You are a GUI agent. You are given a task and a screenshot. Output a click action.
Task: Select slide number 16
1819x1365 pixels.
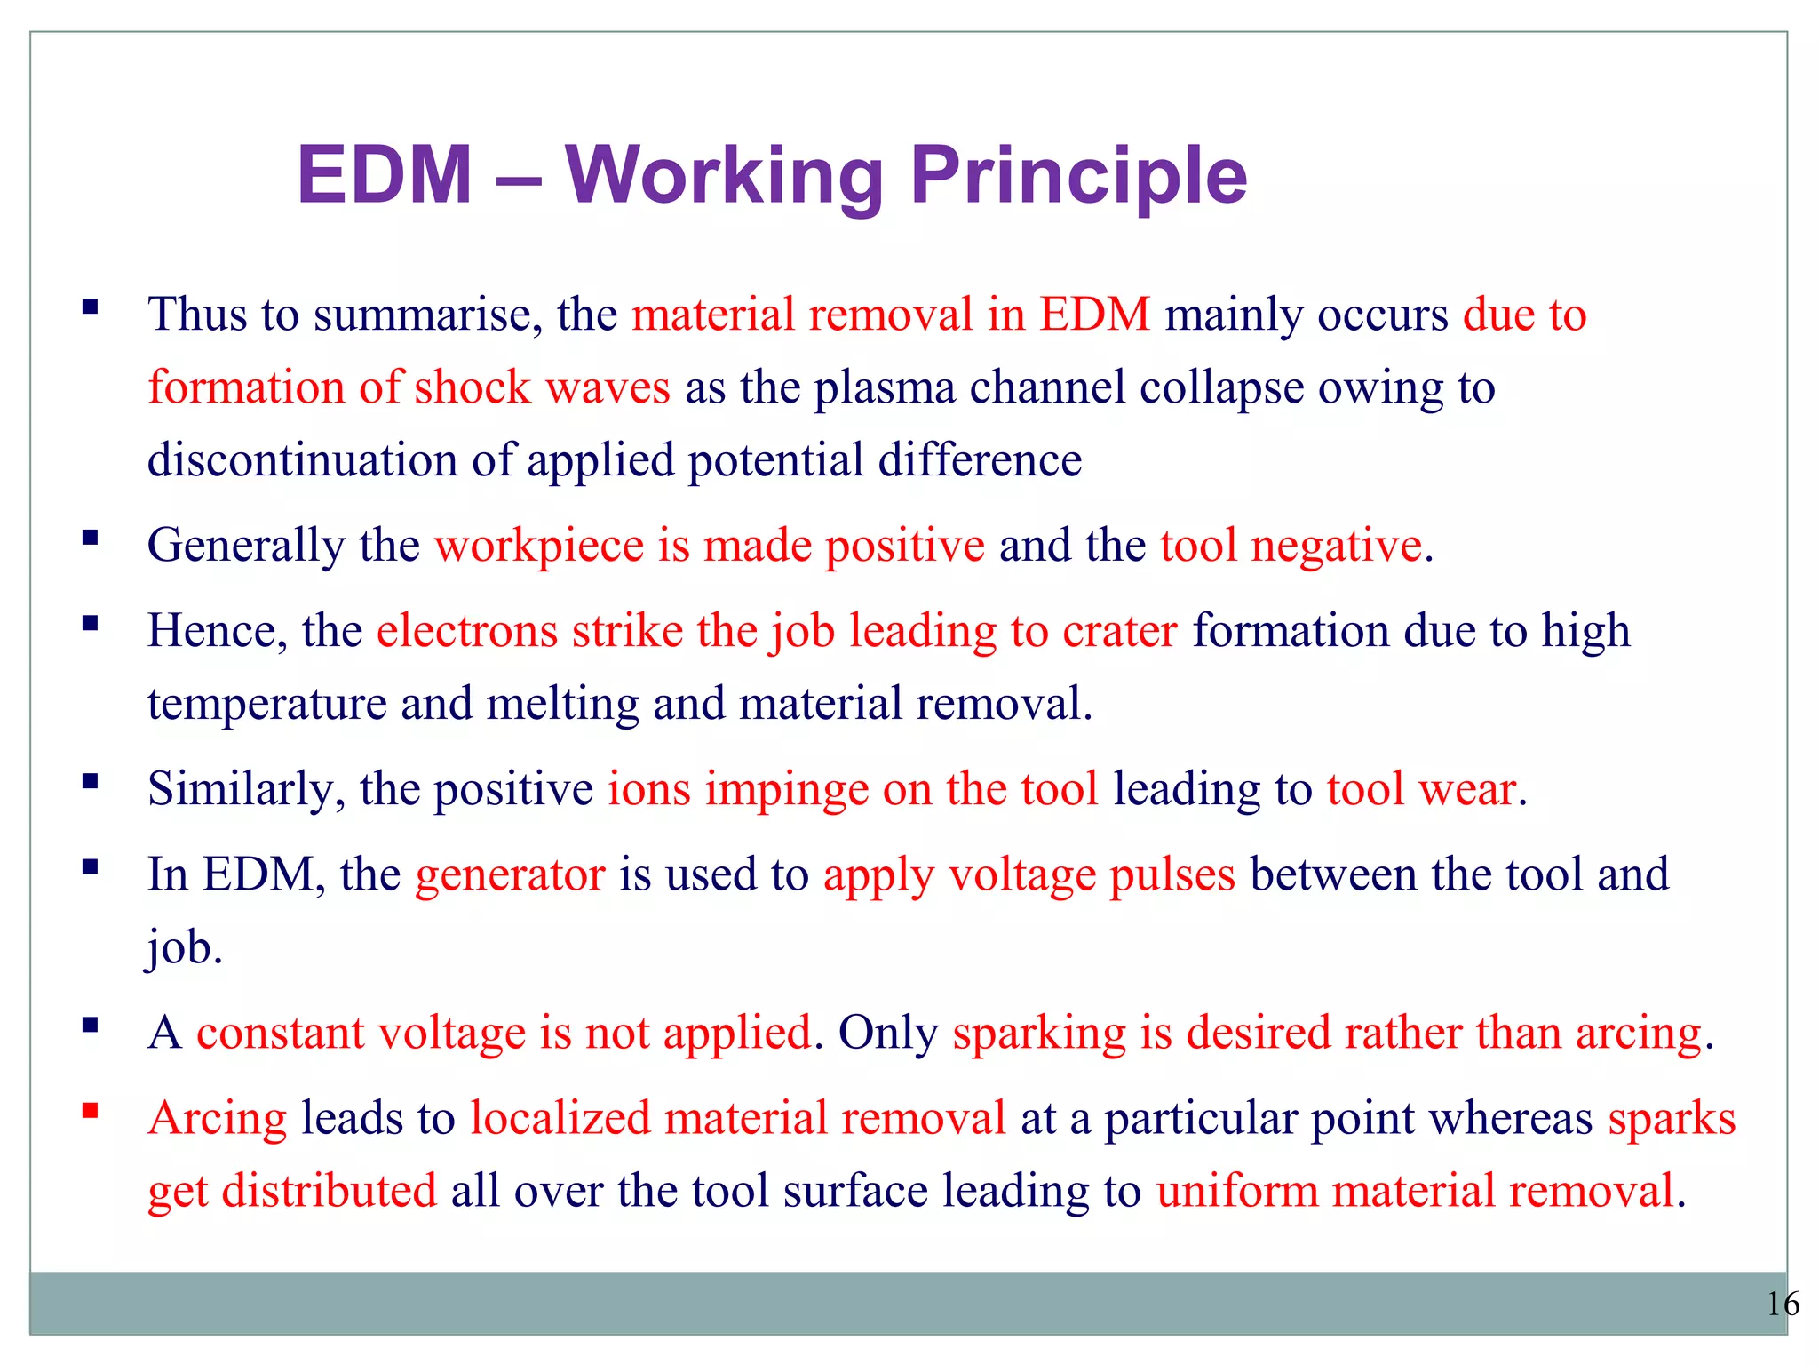pyautogui.click(x=1782, y=1304)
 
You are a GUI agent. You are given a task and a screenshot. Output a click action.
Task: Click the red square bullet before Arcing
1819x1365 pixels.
pyautogui.click(x=90, y=1111)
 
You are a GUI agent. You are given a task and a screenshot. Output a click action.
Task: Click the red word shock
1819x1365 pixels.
pyautogui.click(x=472, y=388)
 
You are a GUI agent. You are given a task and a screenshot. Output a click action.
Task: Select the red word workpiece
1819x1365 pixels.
pyautogui.click(x=538, y=546)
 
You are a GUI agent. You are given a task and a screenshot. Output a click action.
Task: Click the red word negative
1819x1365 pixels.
pyautogui.click(x=1336, y=546)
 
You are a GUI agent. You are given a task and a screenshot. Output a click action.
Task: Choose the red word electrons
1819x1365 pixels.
pyautogui.click(x=466, y=631)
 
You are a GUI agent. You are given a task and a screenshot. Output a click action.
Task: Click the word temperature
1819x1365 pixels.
pyautogui.click(x=266, y=704)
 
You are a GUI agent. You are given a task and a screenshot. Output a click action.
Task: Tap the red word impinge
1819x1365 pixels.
pyautogui.click(x=786, y=789)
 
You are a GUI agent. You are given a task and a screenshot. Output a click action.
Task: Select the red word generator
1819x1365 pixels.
pyautogui.click(x=510, y=874)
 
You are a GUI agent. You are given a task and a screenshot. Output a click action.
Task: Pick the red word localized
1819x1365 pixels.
pyautogui.click(x=560, y=1118)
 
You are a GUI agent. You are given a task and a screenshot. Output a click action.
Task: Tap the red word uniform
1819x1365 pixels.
pyautogui.click(x=1236, y=1191)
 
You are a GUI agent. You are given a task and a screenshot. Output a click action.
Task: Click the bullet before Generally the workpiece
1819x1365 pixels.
pyautogui.click(x=90, y=538)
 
